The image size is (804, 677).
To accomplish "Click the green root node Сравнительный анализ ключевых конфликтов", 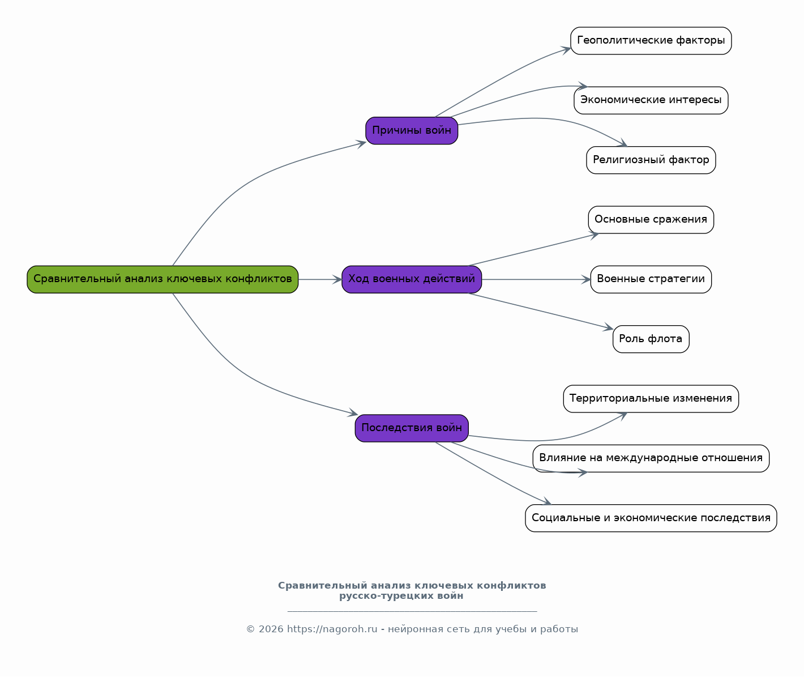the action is click(162, 279).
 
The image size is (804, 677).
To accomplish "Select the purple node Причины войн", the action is click(412, 131).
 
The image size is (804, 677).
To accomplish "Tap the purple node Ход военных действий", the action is click(412, 279).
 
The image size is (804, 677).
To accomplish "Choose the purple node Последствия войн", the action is click(412, 428).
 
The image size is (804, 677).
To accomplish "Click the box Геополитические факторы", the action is click(651, 40).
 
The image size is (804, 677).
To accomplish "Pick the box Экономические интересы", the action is click(651, 100).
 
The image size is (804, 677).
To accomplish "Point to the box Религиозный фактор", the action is click(651, 160).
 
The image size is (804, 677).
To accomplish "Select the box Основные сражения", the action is click(651, 220).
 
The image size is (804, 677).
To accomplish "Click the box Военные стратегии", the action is click(651, 279).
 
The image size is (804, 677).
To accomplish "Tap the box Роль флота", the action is click(651, 339).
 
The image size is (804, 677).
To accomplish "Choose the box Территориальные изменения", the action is click(651, 399).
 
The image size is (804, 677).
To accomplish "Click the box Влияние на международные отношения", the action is click(651, 458).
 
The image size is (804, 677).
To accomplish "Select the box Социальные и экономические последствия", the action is click(651, 518).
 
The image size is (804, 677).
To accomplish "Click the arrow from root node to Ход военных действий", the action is click(320, 279).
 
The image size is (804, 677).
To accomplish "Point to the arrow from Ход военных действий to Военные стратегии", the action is click(536, 279).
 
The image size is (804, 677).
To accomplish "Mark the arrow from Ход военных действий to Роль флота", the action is click(541, 311).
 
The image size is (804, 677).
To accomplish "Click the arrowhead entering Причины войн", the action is click(361, 144).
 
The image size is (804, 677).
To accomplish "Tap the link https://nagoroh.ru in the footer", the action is click(332, 629).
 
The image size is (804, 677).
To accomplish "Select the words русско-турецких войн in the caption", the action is click(401, 596).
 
